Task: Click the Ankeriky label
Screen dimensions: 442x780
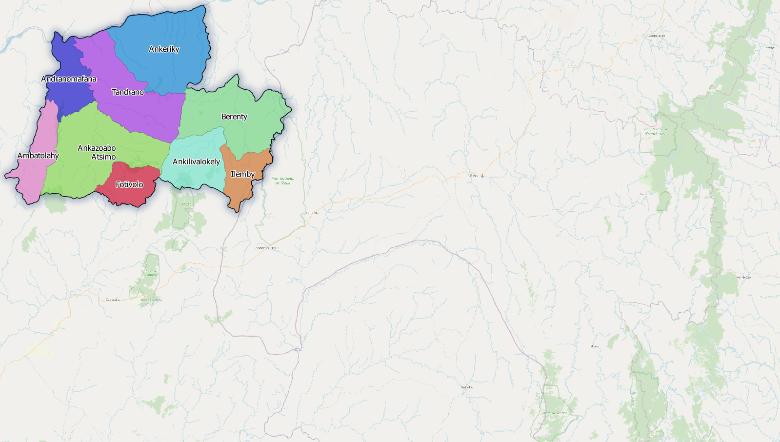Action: pyautogui.click(x=164, y=49)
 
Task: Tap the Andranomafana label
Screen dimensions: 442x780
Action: pyautogui.click(x=69, y=79)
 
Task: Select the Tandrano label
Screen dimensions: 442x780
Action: pyautogui.click(x=128, y=92)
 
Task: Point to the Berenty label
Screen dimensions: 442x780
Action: pyautogui.click(x=234, y=117)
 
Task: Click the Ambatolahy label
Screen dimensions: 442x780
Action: pyautogui.click(x=38, y=156)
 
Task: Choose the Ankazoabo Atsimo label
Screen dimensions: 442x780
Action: pyautogui.click(x=97, y=152)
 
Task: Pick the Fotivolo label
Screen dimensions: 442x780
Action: pyautogui.click(x=129, y=184)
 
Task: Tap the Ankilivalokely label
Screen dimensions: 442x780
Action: pyautogui.click(x=196, y=161)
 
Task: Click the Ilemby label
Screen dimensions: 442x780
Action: pyautogui.click(x=242, y=174)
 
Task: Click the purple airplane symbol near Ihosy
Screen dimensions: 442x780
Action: pyautogui.click(x=482, y=176)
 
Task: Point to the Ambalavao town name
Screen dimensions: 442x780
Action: pyautogui.click(x=657, y=36)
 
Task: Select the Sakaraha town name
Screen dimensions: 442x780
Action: pyautogui.click(x=113, y=300)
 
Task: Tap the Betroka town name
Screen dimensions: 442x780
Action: pyautogui.click(x=467, y=387)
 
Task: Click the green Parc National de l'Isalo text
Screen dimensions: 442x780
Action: pyautogui.click(x=283, y=181)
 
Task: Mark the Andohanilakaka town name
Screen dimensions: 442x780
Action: pyautogui.click(x=267, y=248)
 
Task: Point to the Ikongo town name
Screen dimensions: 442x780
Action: pyautogui.click(x=769, y=47)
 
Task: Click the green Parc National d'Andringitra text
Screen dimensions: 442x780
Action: pyautogui.click(x=655, y=131)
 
